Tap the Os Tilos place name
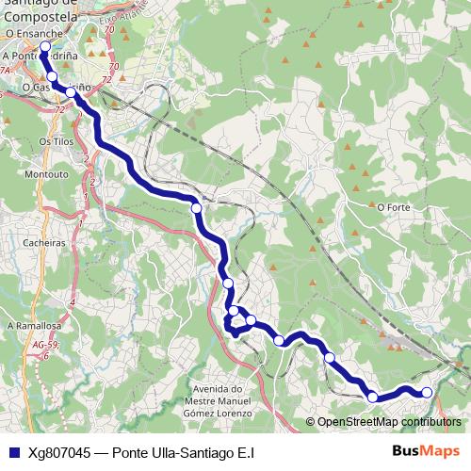click(55, 140)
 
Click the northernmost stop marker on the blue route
click(44, 44)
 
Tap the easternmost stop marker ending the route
click(427, 392)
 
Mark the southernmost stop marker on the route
click(372, 398)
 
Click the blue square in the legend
click(13, 452)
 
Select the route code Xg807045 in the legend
click(59, 452)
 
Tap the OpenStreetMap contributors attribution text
click(389, 423)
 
